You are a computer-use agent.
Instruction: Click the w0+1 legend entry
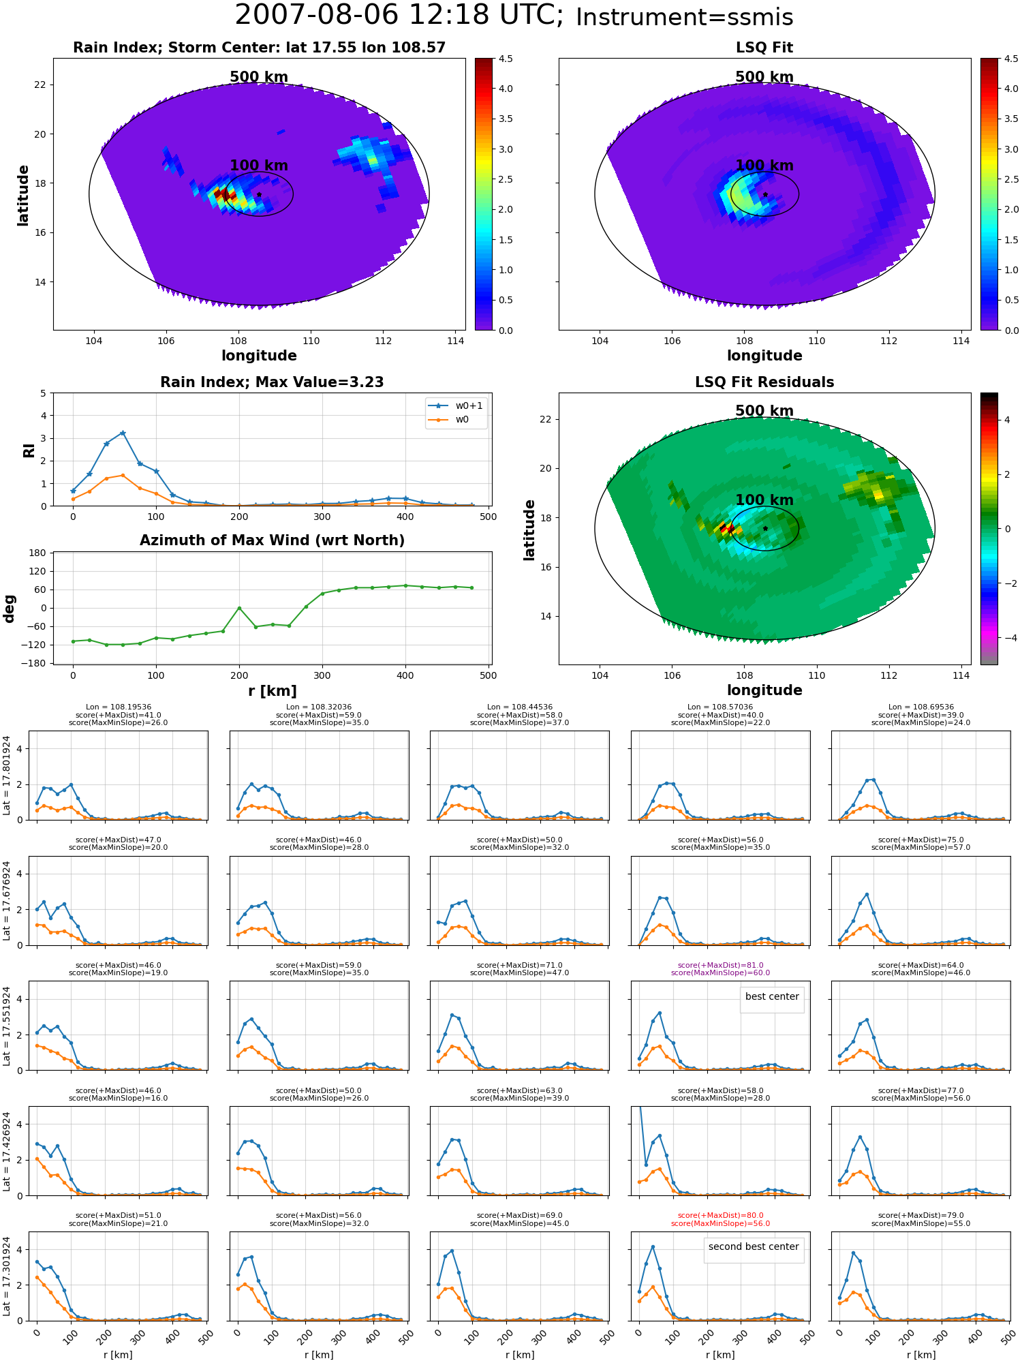coord(456,405)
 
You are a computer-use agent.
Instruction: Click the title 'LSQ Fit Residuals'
coord(764,382)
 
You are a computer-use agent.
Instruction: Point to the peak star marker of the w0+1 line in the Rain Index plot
coord(123,433)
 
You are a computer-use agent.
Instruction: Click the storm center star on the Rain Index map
coord(259,194)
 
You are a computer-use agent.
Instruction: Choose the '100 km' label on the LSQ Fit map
coord(764,165)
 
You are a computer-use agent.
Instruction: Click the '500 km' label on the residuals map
coord(764,411)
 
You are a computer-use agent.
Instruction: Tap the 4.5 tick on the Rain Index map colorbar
coord(506,59)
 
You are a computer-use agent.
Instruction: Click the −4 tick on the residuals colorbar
coord(1007,638)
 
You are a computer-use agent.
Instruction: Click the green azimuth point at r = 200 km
coord(239,608)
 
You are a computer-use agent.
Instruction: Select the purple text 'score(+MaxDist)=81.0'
coord(720,965)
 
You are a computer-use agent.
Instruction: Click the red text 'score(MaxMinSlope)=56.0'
coord(720,1223)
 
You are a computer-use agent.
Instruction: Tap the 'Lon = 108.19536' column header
coord(119,707)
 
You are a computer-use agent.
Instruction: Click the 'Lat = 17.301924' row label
coord(7,1276)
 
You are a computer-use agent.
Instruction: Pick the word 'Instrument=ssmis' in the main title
coord(685,17)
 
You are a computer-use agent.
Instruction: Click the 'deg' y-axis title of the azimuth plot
coord(10,609)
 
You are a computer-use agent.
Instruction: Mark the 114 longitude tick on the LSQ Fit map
coord(961,340)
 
